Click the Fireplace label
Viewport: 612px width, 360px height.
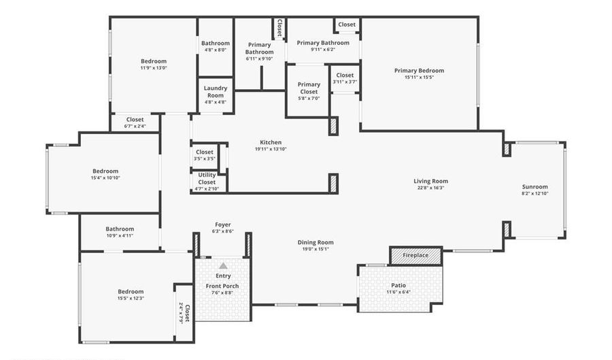(415, 255)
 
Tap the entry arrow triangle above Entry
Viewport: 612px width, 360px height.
(223, 266)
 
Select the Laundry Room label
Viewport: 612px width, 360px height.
(216, 92)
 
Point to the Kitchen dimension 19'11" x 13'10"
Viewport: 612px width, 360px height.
(271, 149)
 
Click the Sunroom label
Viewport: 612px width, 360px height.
(535, 186)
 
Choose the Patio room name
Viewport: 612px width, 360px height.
(398, 285)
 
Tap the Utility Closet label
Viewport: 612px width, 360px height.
(207, 178)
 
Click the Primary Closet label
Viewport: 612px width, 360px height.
(309, 88)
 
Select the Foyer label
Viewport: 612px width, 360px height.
(223, 225)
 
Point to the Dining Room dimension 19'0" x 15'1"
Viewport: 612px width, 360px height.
(316, 248)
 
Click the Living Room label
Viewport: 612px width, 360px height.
(431, 181)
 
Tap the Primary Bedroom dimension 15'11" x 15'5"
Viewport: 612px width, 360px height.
(419, 77)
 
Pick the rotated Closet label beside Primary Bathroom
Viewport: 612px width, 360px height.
(279, 28)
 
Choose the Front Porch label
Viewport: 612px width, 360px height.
(222, 286)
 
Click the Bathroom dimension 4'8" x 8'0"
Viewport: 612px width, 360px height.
(216, 50)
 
